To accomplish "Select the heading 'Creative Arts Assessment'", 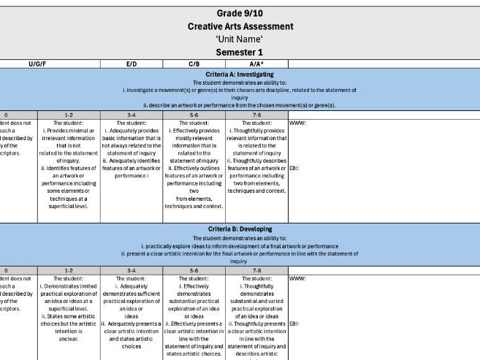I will (240, 26).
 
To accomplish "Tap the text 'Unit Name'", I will (240, 39).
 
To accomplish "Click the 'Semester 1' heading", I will (240, 53).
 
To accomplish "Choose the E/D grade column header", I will (132, 64).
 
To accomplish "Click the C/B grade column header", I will (194, 64).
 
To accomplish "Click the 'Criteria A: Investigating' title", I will (240, 74).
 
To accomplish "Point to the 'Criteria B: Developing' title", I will (240, 229).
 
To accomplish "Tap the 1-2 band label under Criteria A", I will (68, 115).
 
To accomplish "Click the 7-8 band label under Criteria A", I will (256, 115).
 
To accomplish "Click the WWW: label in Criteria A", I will (298, 123).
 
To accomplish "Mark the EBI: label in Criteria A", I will (296, 168).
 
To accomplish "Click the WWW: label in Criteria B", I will (298, 278).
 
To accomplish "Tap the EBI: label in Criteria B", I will (296, 323).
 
